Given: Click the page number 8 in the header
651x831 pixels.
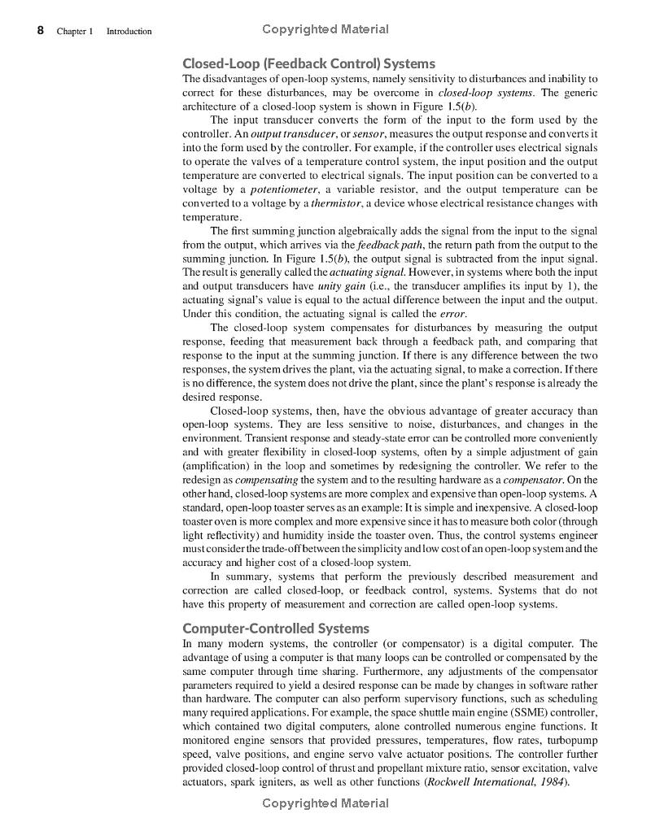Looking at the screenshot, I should pyautogui.click(x=40, y=31).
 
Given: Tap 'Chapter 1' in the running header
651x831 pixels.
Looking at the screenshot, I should pyautogui.click(x=76, y=32).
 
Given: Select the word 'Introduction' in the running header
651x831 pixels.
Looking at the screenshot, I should pyautogui.click(x=129, y=32).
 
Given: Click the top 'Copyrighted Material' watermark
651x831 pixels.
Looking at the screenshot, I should pyautogui.click(x=325, y=29).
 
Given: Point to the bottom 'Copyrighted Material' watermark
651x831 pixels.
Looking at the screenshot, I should pyautogui.click(x=325, y=803).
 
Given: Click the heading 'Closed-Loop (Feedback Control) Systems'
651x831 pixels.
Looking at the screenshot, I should pyautogui.click(x=308, y=63).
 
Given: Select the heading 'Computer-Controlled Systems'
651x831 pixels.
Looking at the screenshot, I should pyautogui.click(x=276, y=629).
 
